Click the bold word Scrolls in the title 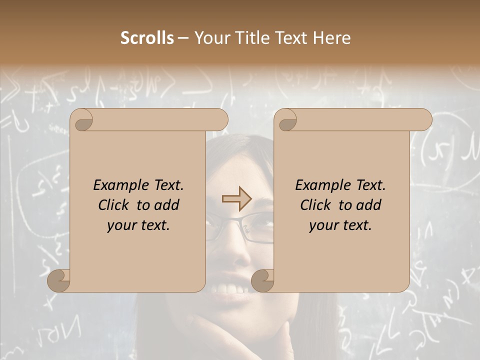click(x=147, y=38)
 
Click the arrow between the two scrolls click(x=236, y=199)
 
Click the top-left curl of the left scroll click(x=81, y=120)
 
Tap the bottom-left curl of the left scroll click(x=58, y=280)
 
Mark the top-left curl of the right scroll click(x=285, y=120)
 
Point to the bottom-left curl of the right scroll click(x=262, y=280)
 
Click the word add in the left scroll click(x=166, y=205)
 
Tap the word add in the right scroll click(x=368, y=205)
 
